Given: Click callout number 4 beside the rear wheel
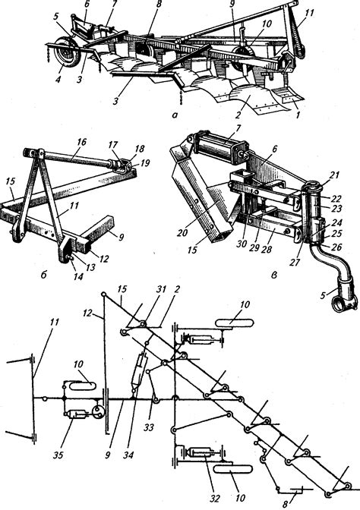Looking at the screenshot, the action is click(58, 79).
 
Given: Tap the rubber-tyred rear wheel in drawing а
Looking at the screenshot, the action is click(68, 52).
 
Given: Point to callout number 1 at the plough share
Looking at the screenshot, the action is click(296, 114).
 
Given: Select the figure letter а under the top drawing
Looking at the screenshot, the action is click(175, 115).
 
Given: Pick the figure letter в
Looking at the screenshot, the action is click(273, 275).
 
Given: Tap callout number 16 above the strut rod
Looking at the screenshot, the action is click(81, 142).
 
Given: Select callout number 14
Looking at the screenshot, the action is click(78, 276).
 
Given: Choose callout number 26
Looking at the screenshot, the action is click(337, 247).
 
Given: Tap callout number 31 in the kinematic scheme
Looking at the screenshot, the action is click(161, 289).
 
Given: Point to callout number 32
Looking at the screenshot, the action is click(215, 498).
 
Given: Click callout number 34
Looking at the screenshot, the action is click(128, 455).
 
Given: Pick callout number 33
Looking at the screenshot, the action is click(148, 427).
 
